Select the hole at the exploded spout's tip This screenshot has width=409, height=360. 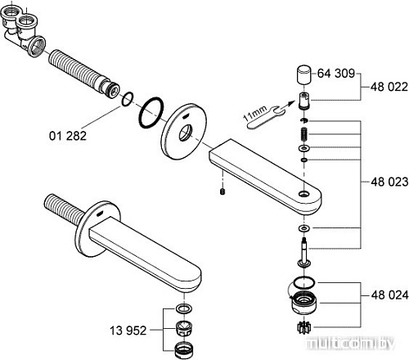[x=304, y=195]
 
